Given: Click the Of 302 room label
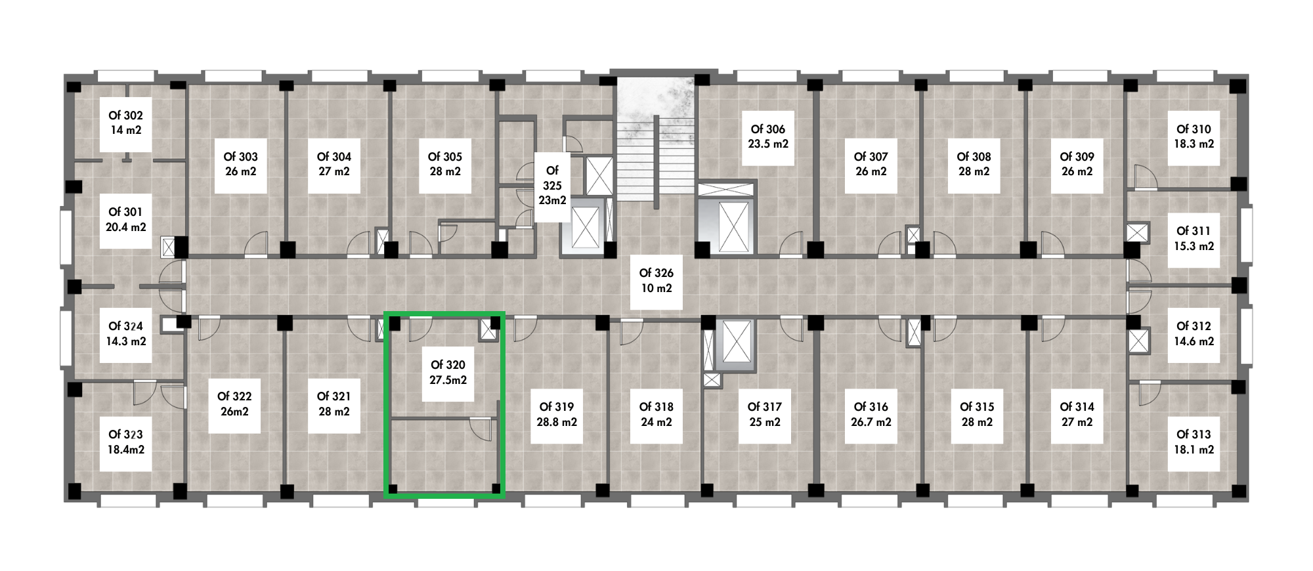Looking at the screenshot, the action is coord(125,123).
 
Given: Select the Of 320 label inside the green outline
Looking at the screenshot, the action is coord(448,372).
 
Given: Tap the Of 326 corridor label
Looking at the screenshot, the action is coord(656,280).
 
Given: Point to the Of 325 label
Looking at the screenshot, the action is coord(552,186).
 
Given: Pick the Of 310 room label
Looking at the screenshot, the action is coord(1194,137).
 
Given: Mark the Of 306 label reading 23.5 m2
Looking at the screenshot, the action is coord(768,137).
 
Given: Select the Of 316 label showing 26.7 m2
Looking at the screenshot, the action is coord(871,415).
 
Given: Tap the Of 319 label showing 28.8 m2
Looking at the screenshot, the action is coord(557,415).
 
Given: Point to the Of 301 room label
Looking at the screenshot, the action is coord(125,220).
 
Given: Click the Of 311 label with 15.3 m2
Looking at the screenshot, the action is coord(1194,239).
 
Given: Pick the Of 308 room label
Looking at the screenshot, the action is coord(974,164).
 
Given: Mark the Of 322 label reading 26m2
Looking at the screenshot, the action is coord(234,404).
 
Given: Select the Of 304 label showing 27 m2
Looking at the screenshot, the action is coord(334,164).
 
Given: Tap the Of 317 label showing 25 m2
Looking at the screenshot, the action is coord(765,415).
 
